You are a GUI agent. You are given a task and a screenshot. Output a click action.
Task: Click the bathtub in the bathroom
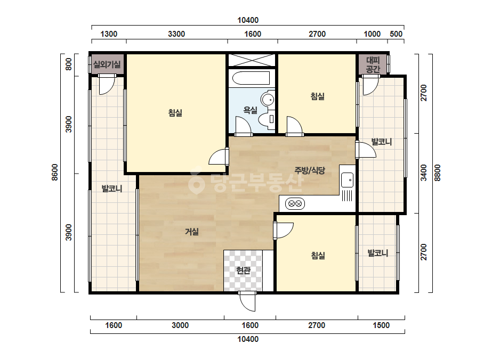click(251, 78)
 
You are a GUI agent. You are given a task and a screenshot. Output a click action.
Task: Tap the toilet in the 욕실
click(267, 119)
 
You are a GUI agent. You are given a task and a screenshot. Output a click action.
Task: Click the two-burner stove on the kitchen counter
click(295, 204)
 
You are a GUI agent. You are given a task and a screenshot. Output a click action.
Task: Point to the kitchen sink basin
click(348, 180)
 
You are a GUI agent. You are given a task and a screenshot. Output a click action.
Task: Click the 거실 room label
click(192, 232)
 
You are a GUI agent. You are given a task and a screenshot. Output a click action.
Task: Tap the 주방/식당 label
click(309, 170)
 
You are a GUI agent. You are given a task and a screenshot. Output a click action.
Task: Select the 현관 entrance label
click(243, 271)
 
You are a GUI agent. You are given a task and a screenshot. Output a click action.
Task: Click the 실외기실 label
click(107, 64)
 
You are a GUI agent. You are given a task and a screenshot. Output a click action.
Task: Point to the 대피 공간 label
click(373, 64)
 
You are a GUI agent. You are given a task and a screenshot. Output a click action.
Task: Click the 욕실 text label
click(251, 110)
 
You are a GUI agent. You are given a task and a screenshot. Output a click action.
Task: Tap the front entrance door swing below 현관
click(247, 301)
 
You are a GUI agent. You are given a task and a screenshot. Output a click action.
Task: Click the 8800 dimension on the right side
click(438, 173)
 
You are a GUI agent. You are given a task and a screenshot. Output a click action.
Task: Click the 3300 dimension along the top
click(176, 34)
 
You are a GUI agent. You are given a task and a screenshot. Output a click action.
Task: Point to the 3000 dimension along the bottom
click(180, 325)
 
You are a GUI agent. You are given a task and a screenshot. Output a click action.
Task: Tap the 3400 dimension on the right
click(424, 173)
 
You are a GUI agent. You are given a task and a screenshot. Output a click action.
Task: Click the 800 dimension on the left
click(68, 64)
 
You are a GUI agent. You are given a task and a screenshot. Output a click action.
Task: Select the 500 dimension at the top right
click(396, 34)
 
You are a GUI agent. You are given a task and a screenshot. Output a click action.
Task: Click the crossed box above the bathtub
click(252, 60)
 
